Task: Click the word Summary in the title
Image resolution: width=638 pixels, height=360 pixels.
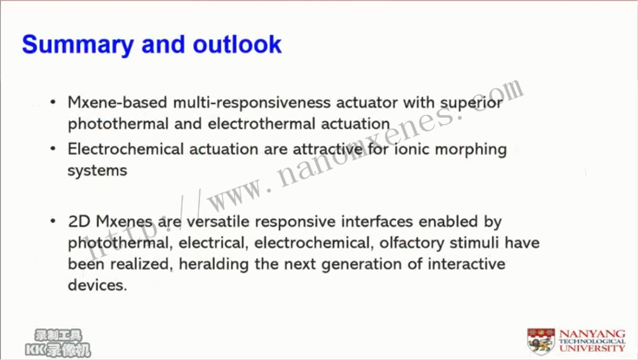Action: (x=78, y=45)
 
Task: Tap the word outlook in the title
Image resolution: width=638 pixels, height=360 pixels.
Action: (x=237, y=44)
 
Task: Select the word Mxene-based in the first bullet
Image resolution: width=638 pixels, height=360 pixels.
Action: (x=118, y=103)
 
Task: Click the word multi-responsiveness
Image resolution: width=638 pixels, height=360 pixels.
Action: (x=252, y=103)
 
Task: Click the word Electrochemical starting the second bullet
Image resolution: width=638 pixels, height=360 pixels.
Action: (x=125, y=149)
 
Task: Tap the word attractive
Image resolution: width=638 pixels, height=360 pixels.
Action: (x=328, y=149)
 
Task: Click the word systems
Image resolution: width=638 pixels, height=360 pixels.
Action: (x=97, y=171)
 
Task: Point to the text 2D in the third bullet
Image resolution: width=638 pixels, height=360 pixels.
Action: (x=79, y=222)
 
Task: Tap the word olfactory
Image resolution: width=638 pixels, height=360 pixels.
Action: (x=412, y=244)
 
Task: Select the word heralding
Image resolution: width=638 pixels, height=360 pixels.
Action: (x=213, y=265)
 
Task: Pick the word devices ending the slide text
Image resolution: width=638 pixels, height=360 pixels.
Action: (x=97, y=285)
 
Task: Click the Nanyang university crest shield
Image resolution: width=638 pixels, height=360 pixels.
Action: (x=541, y=341)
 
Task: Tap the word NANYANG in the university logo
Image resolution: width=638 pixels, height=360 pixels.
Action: (x=592, y=334)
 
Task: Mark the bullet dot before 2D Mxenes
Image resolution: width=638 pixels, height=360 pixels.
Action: (x=53, y=221)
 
